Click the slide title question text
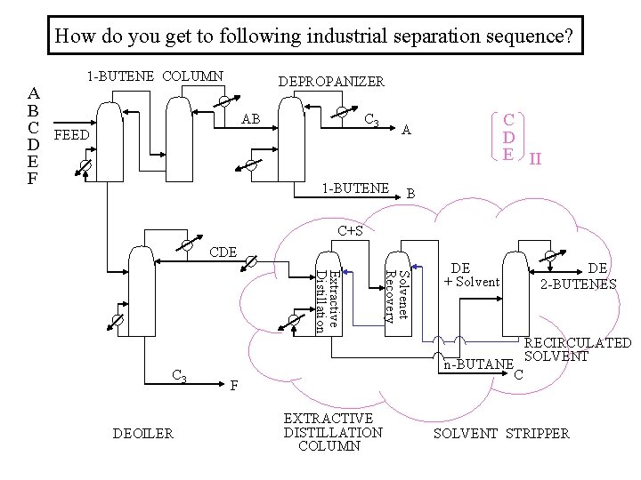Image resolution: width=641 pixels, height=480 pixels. [x=314, y=38]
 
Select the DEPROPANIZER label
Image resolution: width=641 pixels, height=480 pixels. [x=331, y=81]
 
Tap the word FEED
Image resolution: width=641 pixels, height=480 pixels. [x=72, y=136]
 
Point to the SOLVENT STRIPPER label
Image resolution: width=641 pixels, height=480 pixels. [x=501, y=433]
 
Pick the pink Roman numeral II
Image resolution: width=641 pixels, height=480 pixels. [x=535, y=160]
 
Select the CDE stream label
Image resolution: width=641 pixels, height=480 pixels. [x=223, y=252]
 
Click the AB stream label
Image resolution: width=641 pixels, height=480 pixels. [x=251, y=120]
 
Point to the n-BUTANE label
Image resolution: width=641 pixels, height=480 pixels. [x=479, y=364]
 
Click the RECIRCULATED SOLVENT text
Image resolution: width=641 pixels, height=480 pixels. [x=578, y=349]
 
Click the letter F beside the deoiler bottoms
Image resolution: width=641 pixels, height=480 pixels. [x=233, y=385]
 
